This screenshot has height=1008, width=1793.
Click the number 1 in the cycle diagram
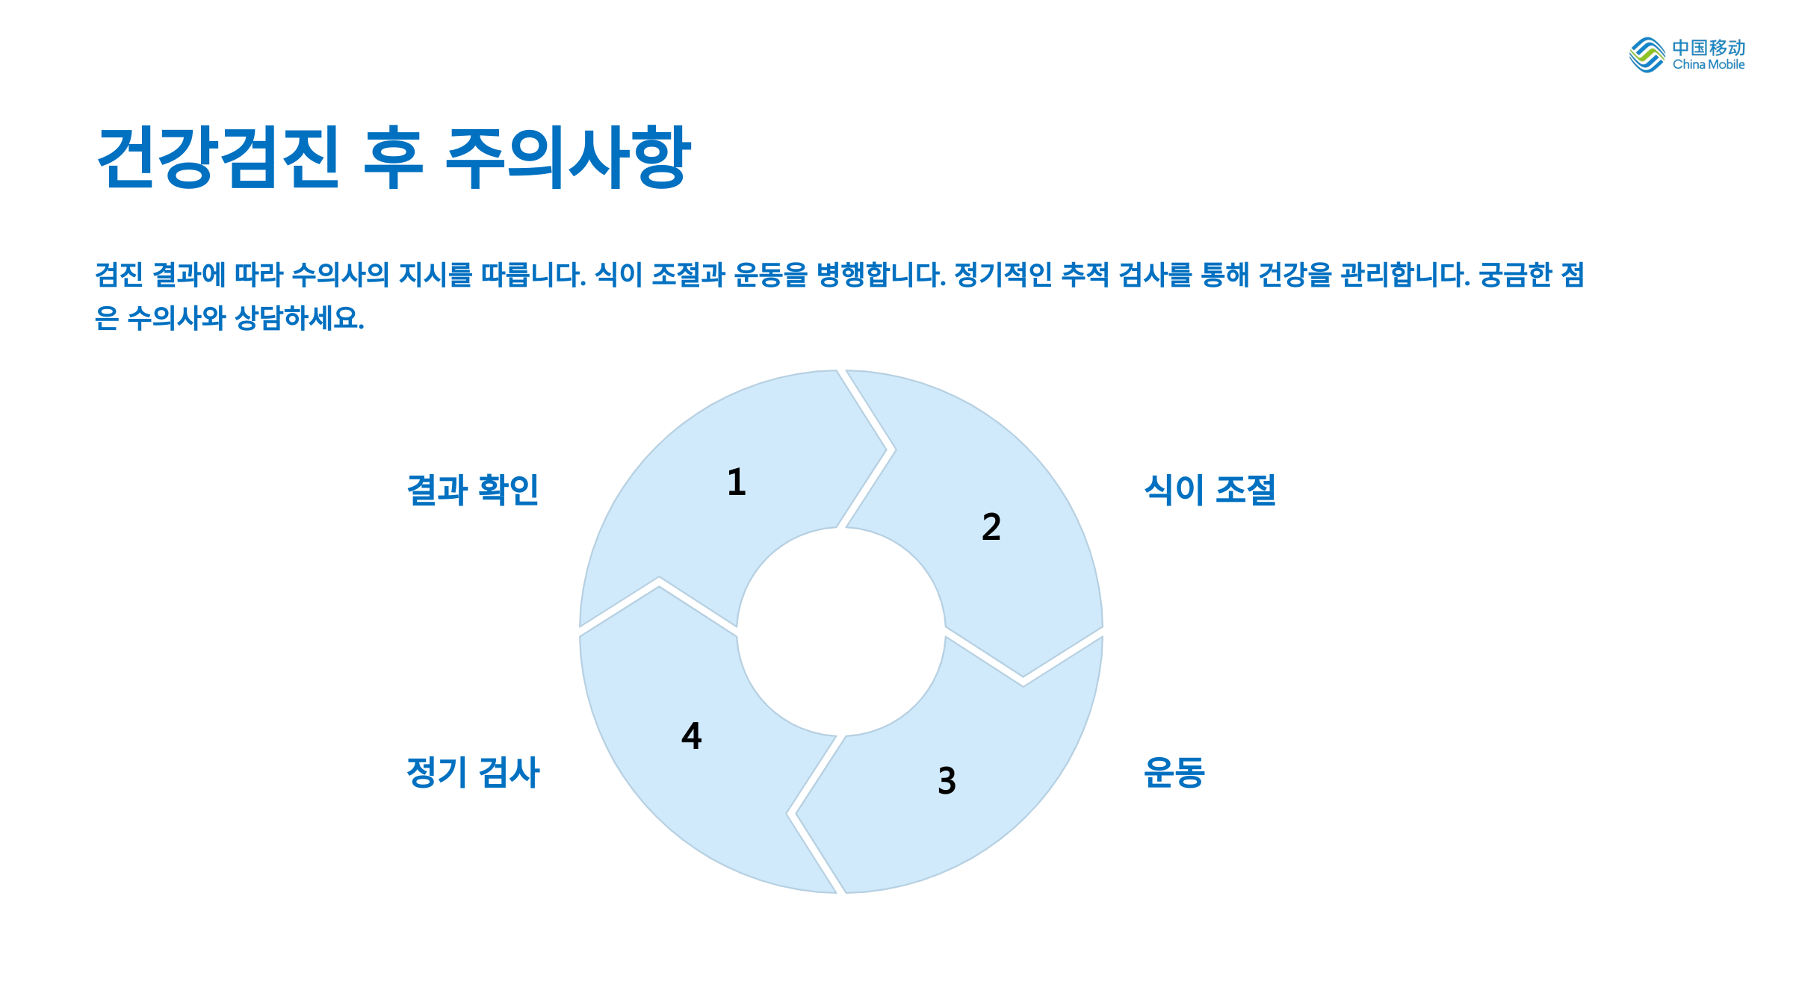pyautogui.click(x=737, y=482)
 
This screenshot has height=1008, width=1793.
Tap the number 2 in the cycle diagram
pyautogui.click(x=991, y=527)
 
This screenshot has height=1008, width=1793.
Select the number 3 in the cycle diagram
pyautogui.click(x=947, y=781)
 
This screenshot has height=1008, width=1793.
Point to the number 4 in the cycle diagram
pyautogui.click(x=692, y=736)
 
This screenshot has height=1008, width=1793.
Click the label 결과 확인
pyautogui.click(x=472, y=491)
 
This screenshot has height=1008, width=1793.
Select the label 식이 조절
pyautogui.click(x=1210, y=491)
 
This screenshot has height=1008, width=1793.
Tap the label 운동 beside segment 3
pyautogui.click(x=1174, y=773)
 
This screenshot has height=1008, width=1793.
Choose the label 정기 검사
pyautogui.click(x=472, y=773)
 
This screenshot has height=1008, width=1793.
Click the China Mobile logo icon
pyautogui.click(x=1647, y=55)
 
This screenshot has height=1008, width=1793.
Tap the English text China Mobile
pyautogui.click(x=1709, y=65)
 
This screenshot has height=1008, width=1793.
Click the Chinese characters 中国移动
pyautogui.click(x=1709, y=48)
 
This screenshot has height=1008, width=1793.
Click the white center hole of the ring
pyautogui.click(x=841, y=632)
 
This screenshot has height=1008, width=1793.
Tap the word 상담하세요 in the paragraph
pyautogui.click(x=299, y=319)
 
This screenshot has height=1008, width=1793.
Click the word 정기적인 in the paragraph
pyautogui.click(x=1003, y=275)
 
